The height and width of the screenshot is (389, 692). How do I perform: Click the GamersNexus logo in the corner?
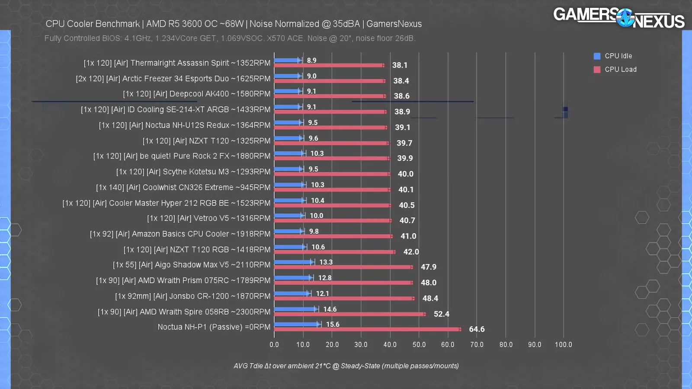click(x=618, y=18)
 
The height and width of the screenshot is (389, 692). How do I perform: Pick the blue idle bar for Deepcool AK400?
click(x=288, y=91)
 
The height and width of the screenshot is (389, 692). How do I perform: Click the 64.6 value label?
click(x=477, y=329)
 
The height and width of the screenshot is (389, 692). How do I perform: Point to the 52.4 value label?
click(x=441, y=314)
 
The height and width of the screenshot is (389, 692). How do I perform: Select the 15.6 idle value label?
click(x=333, y=325)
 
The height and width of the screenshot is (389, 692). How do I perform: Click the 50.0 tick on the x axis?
click(x=419, y=345)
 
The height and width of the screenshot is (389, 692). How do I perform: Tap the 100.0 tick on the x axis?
click(x=563, y=345)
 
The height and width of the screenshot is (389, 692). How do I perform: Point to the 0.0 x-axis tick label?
click(x=274, y=345)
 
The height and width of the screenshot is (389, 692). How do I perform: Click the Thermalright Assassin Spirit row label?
click(x=177, y=63)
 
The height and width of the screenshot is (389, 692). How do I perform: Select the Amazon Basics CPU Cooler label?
click(x=180, y=234)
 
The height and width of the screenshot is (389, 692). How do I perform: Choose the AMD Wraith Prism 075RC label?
click(x=183, y=281)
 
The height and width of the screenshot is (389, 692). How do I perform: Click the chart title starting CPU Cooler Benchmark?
click(x=234, y=24)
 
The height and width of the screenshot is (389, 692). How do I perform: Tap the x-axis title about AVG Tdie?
click(x=346, y=366)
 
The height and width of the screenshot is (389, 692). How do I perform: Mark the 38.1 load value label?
click(x=400, y=65)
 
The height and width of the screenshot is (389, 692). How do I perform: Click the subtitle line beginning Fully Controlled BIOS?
click(x=230, y=38)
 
